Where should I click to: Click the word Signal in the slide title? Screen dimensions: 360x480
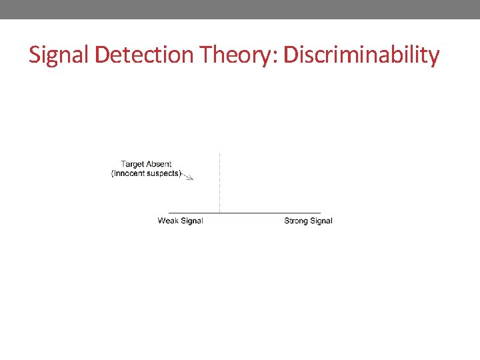click(59, 55)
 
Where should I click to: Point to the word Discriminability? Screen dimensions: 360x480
click(361, 55)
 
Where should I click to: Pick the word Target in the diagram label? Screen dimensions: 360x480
click(133, 164)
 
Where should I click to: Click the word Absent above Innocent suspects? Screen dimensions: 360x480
click(159, 164)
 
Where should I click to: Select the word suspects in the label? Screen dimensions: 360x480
click(164, 173)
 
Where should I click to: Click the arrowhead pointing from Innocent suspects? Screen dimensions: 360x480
click(191, 179)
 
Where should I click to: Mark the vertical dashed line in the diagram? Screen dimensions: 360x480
click(219, 180)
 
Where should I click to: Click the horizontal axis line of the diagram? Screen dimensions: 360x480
click(267, 213)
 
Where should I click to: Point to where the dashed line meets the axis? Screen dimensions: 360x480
click(219, 213)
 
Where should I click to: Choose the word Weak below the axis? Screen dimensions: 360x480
click(168, 221)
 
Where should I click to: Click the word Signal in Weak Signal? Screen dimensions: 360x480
click(191, 221)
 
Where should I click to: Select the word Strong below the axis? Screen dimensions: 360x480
click(296, 221)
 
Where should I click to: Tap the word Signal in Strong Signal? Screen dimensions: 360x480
click(321, 221)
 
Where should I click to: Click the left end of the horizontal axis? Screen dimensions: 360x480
click(169, 213)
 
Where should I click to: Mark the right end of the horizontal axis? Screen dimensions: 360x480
click(320, 213)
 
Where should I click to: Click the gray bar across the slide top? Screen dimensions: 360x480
click(240, 9)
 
